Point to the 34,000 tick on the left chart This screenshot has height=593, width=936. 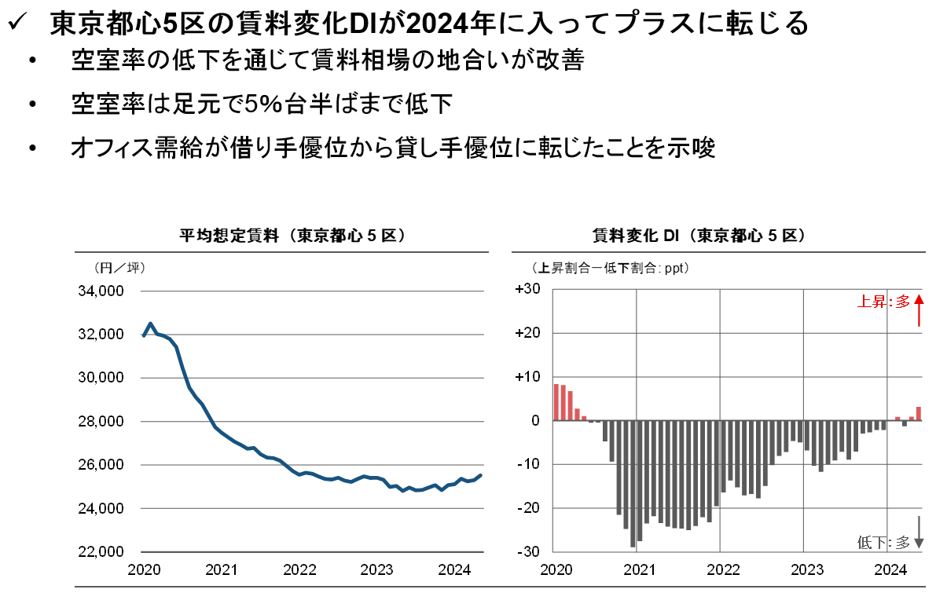point(102,291)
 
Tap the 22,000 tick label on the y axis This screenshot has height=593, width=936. point(102,552)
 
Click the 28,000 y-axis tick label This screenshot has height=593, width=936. point(102,422)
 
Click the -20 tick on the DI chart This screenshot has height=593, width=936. point(528,507)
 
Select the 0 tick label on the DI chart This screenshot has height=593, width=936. point(534,420)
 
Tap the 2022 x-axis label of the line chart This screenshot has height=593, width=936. point(299,569)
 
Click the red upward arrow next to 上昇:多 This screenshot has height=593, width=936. point(919,310)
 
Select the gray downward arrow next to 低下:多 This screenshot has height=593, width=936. point(919,531)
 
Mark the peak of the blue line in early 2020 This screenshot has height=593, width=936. point(151,324)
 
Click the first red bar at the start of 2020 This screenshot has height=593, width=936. point(556,402)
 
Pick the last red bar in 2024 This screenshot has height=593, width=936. point(919,413)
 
